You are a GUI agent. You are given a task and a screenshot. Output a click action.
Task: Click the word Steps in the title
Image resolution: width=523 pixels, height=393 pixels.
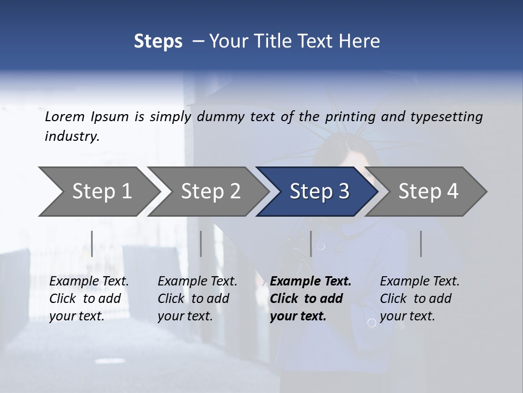click(158, 41)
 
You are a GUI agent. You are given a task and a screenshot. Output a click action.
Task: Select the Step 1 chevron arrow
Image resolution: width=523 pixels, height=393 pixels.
click(98, 191)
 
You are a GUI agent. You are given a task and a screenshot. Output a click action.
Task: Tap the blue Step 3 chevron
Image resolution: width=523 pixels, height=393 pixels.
click(319, 191)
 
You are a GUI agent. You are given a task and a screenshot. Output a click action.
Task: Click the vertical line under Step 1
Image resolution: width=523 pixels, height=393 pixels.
click(92, 243)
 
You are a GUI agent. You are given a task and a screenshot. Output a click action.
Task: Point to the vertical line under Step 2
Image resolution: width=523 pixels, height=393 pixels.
click(201, 243)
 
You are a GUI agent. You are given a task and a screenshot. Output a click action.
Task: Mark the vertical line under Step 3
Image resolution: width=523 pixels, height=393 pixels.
click(311, 243)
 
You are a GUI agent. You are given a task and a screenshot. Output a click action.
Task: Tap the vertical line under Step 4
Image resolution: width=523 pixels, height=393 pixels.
click(421, 243)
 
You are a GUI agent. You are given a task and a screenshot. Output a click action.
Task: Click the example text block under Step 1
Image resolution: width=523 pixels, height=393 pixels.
click(89, 299)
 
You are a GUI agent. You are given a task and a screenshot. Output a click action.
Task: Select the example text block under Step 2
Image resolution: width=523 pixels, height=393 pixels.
click(197, 299)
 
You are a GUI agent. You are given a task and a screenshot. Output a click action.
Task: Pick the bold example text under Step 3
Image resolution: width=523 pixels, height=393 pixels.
click(310, 299)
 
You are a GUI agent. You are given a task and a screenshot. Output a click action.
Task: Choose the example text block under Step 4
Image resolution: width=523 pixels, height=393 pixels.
click(419, 299)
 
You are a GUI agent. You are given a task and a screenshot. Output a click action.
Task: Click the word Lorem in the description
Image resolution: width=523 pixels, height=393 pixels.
click(64, 117)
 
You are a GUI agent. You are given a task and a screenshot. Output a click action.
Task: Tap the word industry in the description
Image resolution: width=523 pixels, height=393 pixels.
click(71, 136)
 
